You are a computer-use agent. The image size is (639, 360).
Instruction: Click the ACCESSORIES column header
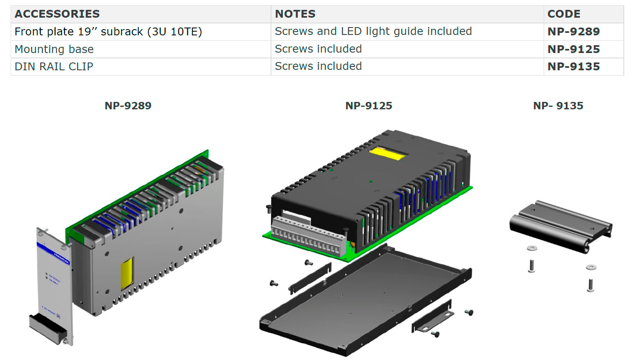click(57, 14)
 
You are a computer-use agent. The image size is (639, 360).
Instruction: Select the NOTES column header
click(295, 14)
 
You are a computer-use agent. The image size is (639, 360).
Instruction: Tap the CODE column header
click(563, 14)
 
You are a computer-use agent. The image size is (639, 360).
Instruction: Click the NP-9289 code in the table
click(573, 32)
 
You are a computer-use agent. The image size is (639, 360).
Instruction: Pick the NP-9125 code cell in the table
click(573, 49)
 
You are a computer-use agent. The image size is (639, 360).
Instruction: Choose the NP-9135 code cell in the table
click(573, 67)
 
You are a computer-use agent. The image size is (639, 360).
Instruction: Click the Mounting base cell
click(54, 49)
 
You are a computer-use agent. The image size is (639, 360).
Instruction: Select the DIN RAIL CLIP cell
click(54, 67)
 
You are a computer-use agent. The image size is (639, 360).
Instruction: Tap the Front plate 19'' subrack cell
click(108, 32)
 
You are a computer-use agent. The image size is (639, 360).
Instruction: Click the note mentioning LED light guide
click(373, 31)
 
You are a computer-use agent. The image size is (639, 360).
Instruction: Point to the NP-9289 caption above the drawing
click(128, 106)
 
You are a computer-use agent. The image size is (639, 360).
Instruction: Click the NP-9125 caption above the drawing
click(368, 106)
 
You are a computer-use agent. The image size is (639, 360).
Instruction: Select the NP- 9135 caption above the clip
click(558, 106)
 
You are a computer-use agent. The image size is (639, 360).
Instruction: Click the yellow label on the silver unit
click(127, 273)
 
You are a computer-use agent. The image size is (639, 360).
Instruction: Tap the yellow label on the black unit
click(388, 154)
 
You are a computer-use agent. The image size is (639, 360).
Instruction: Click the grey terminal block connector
click(308, 236)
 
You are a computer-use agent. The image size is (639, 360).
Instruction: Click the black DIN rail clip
click(561, 226)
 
